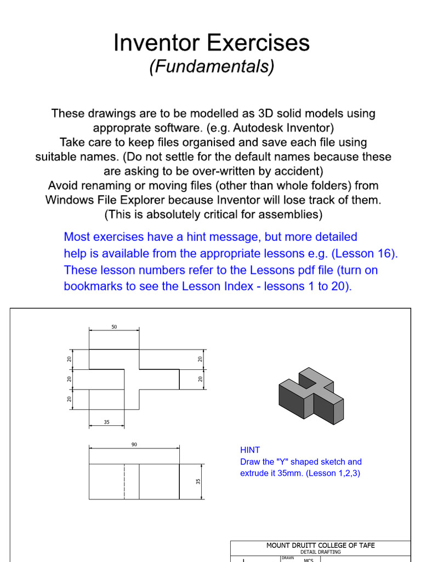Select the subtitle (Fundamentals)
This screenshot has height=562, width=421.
coord(212,67)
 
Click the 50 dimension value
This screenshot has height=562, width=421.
coord(114,327)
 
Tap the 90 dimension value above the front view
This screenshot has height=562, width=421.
coord(134,445)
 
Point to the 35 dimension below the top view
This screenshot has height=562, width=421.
coord(106,422)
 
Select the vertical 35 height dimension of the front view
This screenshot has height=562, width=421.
coord(198,481)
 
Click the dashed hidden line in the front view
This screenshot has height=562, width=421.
coord(124,481)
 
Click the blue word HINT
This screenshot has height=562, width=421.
coord(250,450)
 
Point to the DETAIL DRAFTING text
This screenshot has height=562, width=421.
coord(321,552)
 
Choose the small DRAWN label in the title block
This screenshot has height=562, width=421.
coord(288,558)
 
